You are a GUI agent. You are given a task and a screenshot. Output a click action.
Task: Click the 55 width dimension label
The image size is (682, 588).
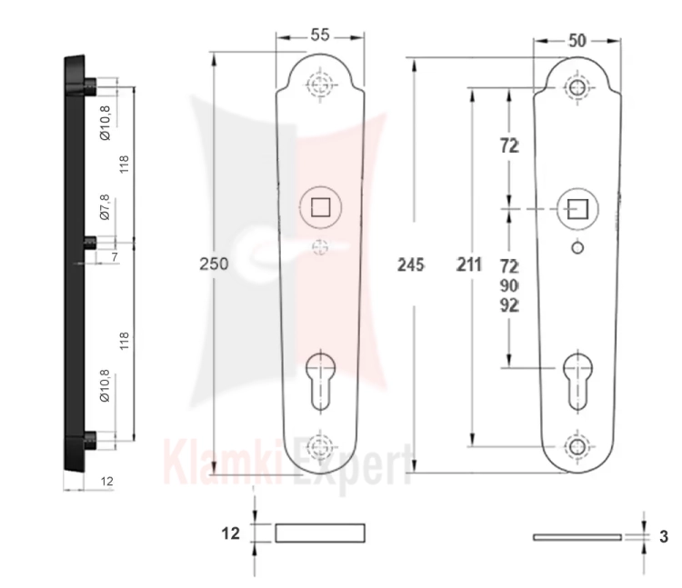click(320, 35)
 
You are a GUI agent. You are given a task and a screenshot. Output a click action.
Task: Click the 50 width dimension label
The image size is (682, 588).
click(577, 41)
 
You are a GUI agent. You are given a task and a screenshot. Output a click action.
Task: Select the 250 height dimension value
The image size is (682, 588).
click(214, 264)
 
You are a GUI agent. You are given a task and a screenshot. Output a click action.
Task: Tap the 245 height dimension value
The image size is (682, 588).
click(411, 264)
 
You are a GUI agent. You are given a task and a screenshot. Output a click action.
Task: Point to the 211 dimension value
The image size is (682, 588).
click(469, 264)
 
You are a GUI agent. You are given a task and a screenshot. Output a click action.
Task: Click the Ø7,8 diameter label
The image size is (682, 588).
click(105, 207)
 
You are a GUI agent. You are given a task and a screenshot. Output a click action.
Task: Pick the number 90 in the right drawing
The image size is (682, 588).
click(509, 285)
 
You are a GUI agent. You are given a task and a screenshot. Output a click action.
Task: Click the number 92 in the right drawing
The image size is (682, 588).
click(509, 305)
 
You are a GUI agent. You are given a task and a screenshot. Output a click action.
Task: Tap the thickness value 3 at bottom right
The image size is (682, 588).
click(664, 537)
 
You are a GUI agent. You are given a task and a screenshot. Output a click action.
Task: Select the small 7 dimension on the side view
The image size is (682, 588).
click(115, 257)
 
